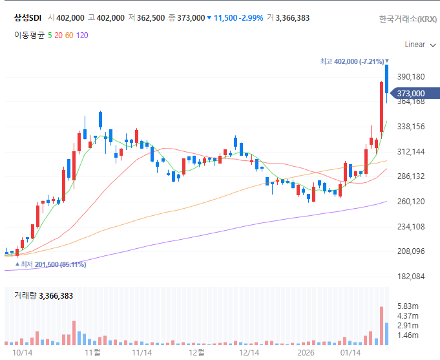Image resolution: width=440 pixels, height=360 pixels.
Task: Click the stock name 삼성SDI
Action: [x=28, y=18]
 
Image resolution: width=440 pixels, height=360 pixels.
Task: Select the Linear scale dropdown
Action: [x=420, y=45]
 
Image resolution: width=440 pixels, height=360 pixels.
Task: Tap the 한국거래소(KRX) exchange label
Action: [x=408, y=19]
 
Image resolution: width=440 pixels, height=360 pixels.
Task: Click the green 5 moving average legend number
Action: [x=50, y=36]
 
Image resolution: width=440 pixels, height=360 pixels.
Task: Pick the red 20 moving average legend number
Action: [x=58, y=36]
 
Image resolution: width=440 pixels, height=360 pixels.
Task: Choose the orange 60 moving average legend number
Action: [x=69, y=36]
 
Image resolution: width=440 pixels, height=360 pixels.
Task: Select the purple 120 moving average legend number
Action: [x=82, y=36]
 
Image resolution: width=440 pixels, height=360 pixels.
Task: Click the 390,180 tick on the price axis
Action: [x=411, y=77]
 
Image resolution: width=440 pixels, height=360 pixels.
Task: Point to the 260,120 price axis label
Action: [x=411, y=202]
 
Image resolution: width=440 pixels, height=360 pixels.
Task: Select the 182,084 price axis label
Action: [x=411, y=277]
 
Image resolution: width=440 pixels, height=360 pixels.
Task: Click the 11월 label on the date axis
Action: [x=92, y=352]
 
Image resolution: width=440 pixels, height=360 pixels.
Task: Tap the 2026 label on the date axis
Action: [x=306, y=352]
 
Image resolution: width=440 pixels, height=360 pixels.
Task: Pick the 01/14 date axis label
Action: [x=350, y=352]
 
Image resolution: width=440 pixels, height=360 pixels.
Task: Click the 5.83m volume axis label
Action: [x=408, y=306]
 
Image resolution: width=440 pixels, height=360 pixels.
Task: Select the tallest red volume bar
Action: [x=381, y=326]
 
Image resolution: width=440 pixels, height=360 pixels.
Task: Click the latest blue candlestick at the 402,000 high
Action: [x=386, y=79]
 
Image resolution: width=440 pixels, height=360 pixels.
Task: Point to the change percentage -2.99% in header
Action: [x=251, y=18]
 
